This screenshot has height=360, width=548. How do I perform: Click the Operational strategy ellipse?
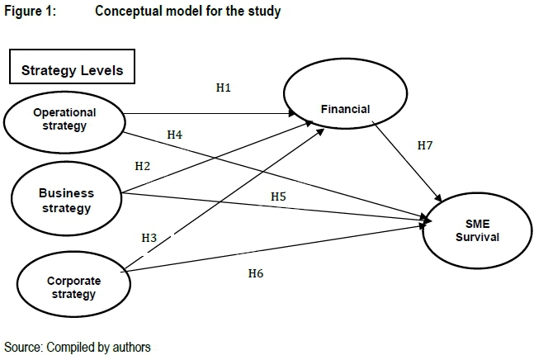coord(64,120)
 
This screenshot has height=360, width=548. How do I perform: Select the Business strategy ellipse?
coord(67,200)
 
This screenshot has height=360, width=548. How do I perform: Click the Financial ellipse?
coord(346,109)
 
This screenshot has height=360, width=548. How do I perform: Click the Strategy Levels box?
coord(72,70)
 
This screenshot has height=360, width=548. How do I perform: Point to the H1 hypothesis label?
coord(223,87)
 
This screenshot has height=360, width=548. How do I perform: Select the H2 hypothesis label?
coord(142,166)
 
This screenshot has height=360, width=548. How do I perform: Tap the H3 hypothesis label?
coord(149,238)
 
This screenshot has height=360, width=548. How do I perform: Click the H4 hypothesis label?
coord(174,134)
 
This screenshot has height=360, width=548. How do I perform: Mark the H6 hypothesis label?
coord(257,272)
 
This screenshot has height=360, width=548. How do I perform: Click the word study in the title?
coord(265,12)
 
